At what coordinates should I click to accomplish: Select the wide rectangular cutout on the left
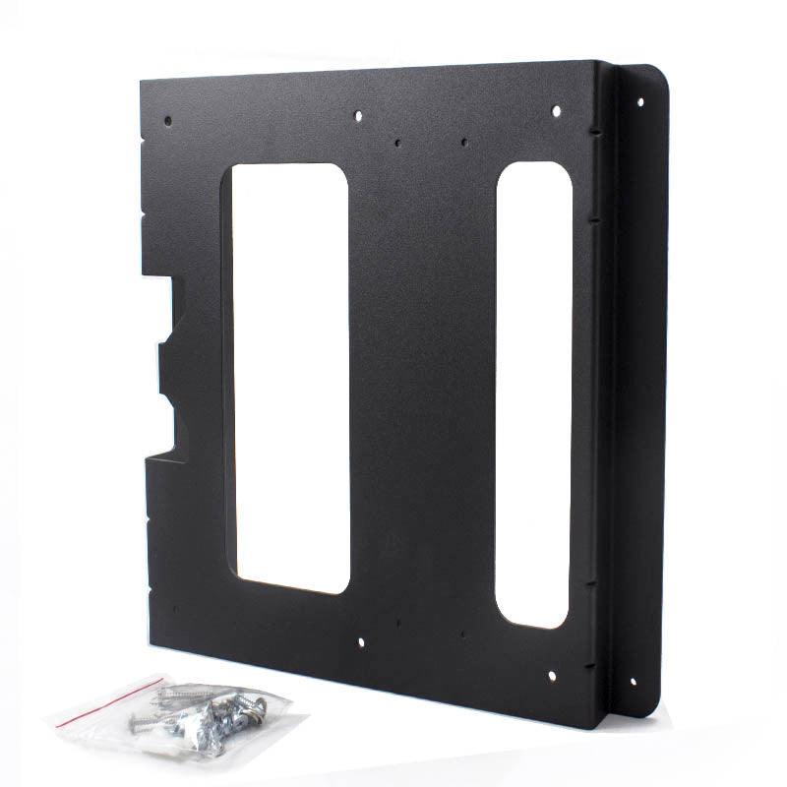pyautogui.click(x=290, y=379)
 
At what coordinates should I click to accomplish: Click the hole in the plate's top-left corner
pyautogui.click(x=167, y=121)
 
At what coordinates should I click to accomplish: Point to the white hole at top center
pyautogui.click(x=358, y=115)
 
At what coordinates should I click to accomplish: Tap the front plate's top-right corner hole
pyautogui.click(x=556, y=110)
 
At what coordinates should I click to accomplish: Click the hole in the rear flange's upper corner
pyautogui.click(x=640, y=100)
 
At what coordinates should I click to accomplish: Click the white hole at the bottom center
pyautogui.click(x=360, y=642)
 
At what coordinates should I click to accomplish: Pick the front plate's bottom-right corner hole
pyautogui.click(x=551, y=676)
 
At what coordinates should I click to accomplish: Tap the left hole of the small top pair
pyautogui.click(x=397, y=143)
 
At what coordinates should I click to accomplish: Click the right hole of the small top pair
pyautogui.click(x=463, y=141)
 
